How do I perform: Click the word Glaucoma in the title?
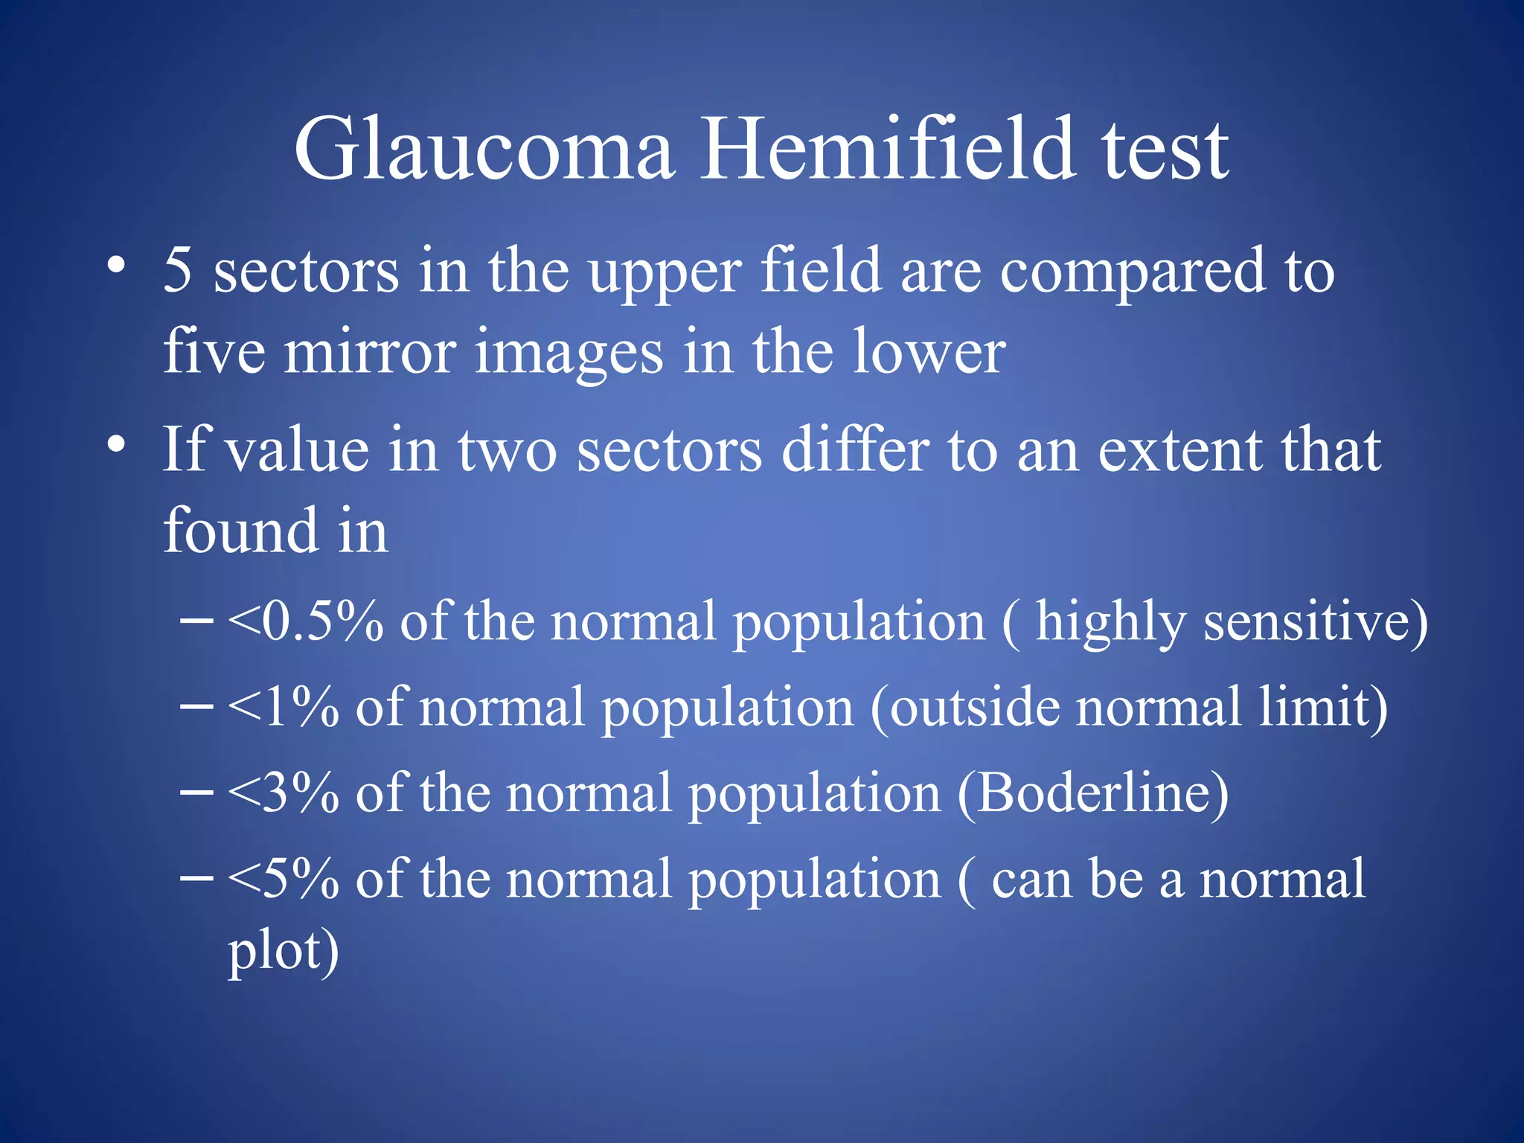484,151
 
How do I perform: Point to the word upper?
665,274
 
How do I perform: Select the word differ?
855,451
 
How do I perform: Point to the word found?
240,530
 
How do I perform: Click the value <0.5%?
306,621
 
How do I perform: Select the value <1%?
284,707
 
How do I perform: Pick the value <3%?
284,793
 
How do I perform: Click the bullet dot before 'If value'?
115,444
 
